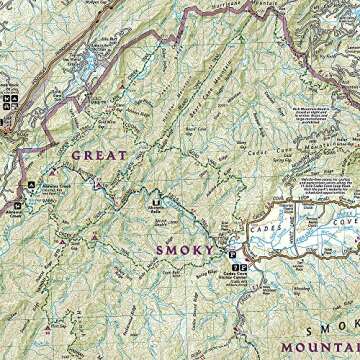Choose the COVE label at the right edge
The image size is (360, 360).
346,228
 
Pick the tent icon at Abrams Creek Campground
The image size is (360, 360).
31,186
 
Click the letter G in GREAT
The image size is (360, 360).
75,155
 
